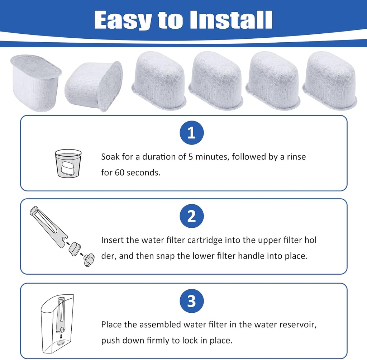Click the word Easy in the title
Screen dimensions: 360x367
click(122, 20)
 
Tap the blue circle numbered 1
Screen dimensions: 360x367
click(191, 133)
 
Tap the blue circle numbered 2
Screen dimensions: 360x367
click(191, 217)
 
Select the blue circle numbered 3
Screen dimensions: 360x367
click(191, 301)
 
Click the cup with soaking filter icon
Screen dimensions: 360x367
click(68, 163)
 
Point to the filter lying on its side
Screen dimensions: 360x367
click(94, 86)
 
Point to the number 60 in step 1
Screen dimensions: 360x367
click(119, 172)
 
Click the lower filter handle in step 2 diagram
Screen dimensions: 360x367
click(88, 259)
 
